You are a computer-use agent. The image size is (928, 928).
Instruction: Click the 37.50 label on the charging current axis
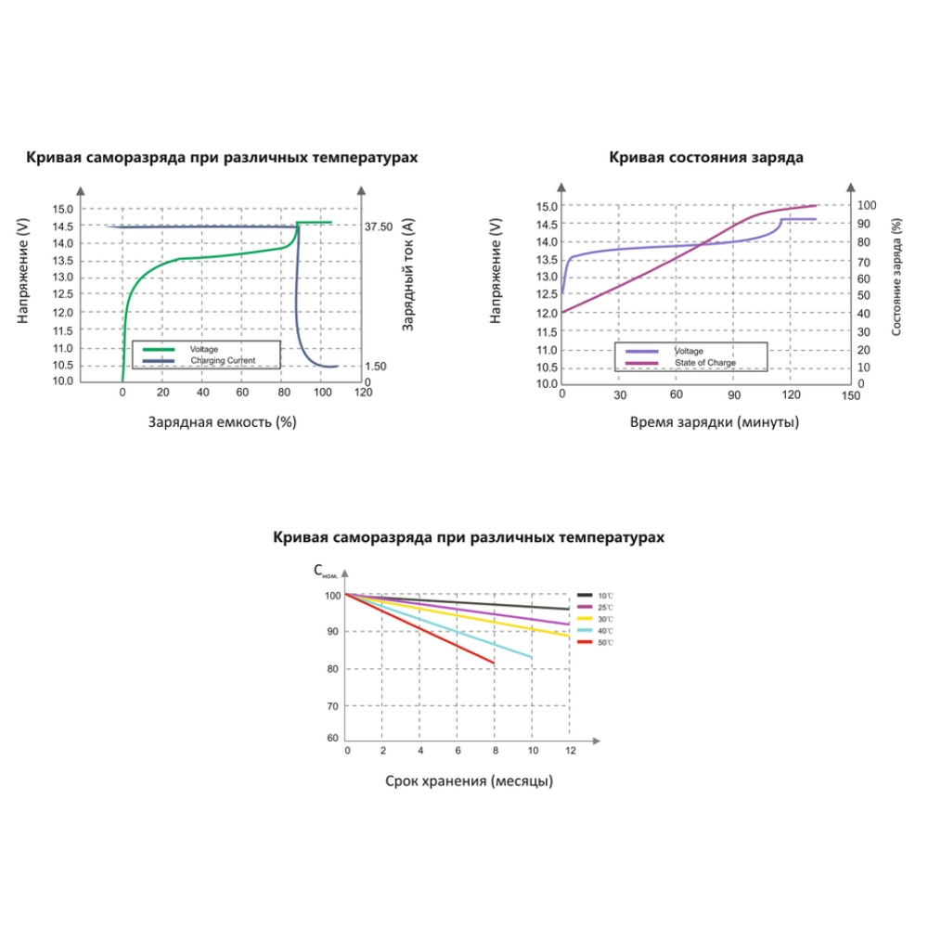click(379, 226)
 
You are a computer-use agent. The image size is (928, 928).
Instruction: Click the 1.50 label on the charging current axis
click(375, 367)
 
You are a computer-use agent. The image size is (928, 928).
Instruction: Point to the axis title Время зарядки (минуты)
click(714, 421)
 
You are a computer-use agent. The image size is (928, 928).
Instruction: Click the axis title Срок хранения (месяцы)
click(470, 780)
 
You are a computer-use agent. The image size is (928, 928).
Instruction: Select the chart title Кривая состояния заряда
click(706, 157)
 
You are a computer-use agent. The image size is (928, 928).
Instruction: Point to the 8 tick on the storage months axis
click(495, 749)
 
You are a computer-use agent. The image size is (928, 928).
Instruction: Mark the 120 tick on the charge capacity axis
click(363, 393)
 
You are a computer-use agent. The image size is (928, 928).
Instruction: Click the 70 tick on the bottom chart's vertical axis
click(332, 707)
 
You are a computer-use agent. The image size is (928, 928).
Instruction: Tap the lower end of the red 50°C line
click(494, 664)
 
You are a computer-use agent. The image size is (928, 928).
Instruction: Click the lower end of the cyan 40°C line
click(532, 657)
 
